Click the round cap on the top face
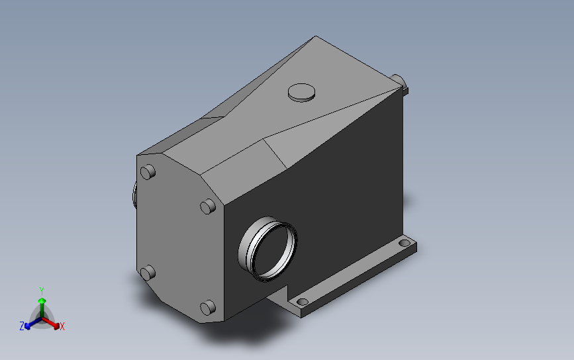(x=301, y=92)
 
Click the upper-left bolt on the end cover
(x=148, y=172)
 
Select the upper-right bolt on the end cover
(x=208, y=206)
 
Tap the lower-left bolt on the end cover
(x=148, y=273)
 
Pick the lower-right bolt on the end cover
(x=208, y=308)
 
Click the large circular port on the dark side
(x=267, y=249)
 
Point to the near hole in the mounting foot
(x=303, y=302)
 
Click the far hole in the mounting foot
(x=404, y=243)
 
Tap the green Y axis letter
(x=42, y=291)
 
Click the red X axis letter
(x=62, y=327)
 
